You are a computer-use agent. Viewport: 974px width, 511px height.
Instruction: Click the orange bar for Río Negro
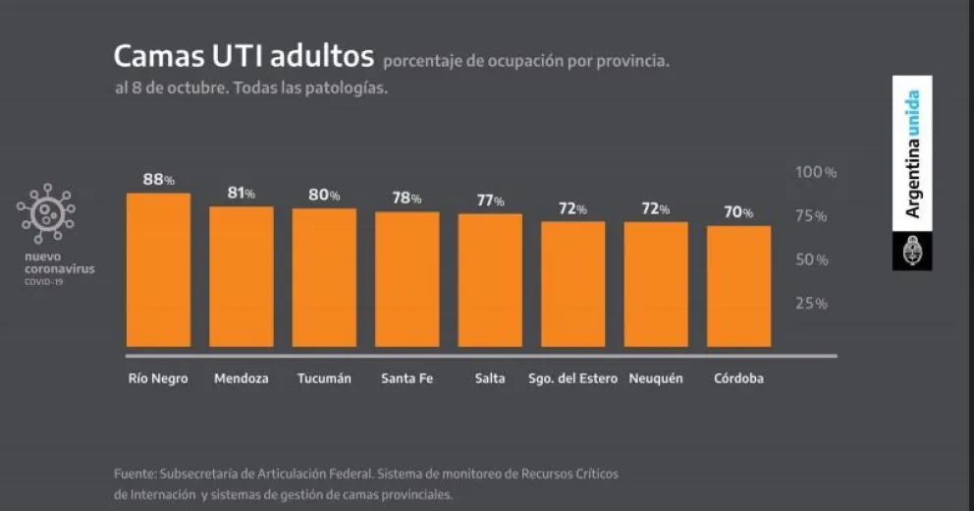(x=158, y=270)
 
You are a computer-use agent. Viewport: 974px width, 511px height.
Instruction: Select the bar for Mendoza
(x=242, y=276)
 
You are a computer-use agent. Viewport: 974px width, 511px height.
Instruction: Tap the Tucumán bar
(x=324, y=277)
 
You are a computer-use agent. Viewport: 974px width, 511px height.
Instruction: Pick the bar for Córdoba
(x=738, y=286)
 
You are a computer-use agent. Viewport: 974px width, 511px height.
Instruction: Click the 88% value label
(x=158, y=180)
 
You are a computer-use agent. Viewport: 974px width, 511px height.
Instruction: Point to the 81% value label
(x=242, y=194)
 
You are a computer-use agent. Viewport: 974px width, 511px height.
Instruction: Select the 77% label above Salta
(x=490, y=200)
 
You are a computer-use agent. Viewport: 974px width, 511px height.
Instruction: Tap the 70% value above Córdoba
(x=739, y=212)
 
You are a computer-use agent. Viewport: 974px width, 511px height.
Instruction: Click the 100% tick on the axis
(x=815, y=172)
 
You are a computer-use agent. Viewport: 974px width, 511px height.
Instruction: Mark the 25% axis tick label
(x=811, y=303)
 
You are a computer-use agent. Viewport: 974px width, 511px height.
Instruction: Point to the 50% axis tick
(x=811, y=259)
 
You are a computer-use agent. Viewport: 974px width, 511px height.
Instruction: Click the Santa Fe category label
(x=406, y=378)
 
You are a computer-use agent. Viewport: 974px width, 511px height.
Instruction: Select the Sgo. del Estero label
(x=572, y=378)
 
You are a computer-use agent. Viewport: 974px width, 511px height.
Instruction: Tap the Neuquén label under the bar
(x=656, y=378)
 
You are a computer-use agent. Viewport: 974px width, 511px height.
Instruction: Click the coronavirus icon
(x=45, y=213)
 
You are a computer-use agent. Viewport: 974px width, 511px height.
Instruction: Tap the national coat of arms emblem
(x=912, y=252)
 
